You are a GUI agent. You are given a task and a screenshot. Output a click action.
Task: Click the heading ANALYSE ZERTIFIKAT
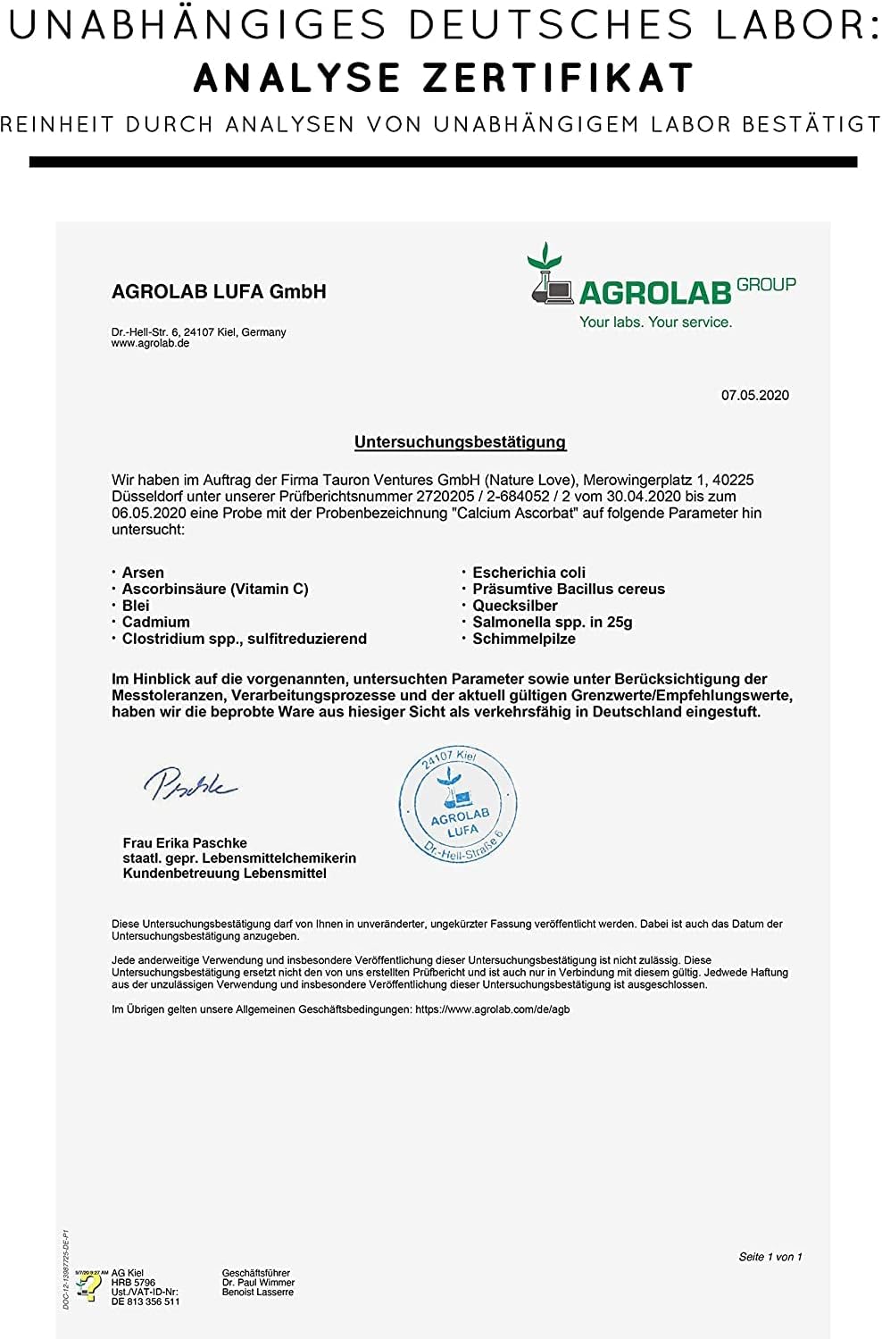444,79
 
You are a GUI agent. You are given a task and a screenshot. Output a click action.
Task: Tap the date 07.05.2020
754,395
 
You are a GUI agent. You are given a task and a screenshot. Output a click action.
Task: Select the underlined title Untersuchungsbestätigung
460,441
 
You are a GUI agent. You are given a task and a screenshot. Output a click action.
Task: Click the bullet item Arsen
143,573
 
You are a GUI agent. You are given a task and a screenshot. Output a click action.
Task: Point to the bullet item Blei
136,606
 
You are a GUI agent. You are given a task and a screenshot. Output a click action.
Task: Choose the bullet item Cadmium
155,622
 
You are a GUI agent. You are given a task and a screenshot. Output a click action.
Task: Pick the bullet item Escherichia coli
528,573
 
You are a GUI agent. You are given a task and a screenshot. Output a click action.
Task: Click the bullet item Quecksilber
514,606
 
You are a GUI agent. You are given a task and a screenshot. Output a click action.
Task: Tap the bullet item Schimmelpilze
523,639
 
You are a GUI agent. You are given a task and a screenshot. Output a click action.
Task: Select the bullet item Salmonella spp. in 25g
552,622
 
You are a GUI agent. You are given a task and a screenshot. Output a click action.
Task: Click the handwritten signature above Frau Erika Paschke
189,783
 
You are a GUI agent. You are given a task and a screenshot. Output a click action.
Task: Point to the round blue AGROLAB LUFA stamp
458,804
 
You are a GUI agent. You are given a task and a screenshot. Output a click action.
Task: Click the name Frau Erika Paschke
185,842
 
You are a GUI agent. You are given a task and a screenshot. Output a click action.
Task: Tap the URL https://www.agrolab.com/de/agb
492,1009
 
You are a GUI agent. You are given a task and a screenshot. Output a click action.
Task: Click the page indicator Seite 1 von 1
770,1257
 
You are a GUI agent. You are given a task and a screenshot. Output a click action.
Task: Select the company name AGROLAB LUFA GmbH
219,292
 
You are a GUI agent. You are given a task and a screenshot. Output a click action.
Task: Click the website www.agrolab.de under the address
150,343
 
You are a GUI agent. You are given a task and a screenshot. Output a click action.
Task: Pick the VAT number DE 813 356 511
145,1301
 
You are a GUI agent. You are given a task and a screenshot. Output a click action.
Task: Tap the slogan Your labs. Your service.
655,322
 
